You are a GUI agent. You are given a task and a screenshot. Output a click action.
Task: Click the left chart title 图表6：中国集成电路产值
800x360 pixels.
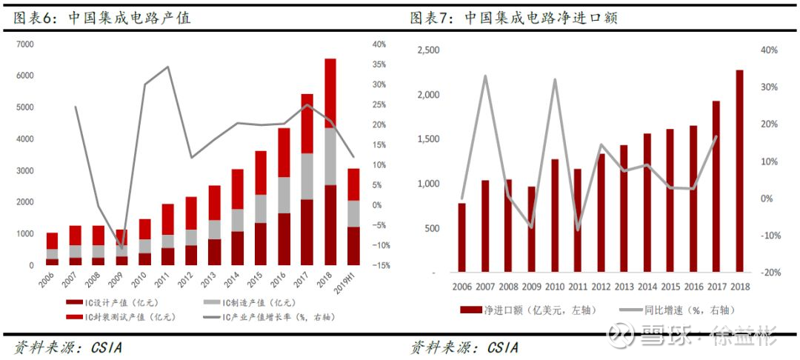[x=102, y=19]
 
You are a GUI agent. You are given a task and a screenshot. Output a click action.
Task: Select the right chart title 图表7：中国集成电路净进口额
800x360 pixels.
[x=514, y=19]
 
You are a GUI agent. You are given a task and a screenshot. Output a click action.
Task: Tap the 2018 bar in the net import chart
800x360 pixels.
[x=739, y=171]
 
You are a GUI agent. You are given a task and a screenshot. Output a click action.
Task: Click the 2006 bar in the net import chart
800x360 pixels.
[x=461, y=238]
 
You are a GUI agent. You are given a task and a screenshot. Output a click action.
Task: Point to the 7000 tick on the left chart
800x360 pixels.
[x=24, y=44]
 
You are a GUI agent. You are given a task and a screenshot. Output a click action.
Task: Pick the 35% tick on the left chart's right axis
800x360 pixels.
[x=379, y=64]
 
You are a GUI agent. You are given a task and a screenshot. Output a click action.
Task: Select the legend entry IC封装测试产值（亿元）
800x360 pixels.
[x=120, y=317]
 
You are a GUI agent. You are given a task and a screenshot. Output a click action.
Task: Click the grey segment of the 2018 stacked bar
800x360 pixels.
[x=330, y=156]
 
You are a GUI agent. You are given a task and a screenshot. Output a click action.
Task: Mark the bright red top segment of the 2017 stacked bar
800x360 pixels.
[x=307, y=124]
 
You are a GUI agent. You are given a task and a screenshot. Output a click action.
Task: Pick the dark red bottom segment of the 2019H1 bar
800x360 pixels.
[x=353, y=246]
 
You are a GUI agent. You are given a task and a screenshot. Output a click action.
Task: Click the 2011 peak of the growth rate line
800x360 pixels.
[x=168, y=66]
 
